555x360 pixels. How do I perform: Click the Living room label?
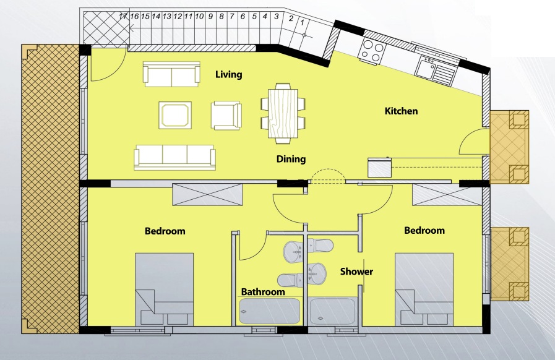click(228, 75)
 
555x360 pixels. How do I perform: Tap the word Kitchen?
click(401, 111)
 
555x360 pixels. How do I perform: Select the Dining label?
click(291, 159)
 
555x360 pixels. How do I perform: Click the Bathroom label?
click(263, 292)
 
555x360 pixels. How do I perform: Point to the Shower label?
click(356, 272)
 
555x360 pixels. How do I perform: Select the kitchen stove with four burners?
click(372, 49)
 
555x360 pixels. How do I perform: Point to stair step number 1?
click(302, 22)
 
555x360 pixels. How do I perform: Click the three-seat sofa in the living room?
click(175, 157)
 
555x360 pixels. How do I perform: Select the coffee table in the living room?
click(176, 115)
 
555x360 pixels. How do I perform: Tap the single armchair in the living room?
click(225, 116)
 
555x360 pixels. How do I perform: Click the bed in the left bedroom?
click(164, 288)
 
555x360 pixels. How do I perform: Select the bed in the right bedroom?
click(424, 288)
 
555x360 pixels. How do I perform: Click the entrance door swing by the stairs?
click(105, 66)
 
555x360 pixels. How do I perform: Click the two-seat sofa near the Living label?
click(171, 74)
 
